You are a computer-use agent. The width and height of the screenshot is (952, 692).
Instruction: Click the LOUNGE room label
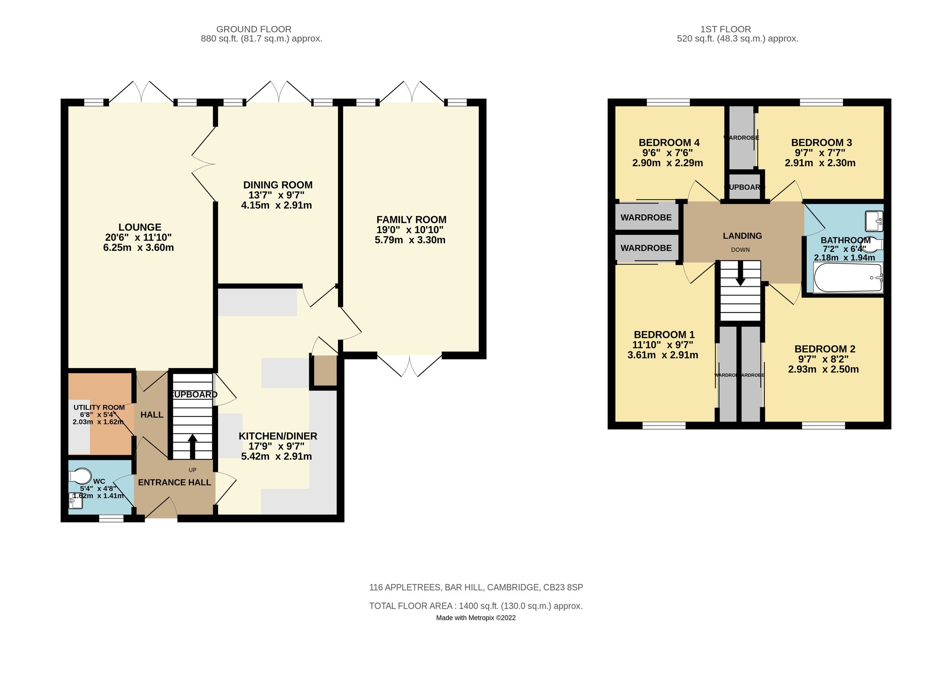click(x=140, y=227)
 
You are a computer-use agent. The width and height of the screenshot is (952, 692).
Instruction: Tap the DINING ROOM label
click(x=278, y=185)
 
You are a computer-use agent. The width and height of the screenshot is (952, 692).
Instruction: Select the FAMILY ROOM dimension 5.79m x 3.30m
click(x=410, y=240)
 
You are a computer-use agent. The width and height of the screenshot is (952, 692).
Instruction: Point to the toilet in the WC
click(x=81, y=477)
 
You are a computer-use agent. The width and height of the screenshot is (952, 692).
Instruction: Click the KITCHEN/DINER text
click(x=278, y=436)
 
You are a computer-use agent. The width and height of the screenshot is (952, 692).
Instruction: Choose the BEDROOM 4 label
click(x=669, y=143)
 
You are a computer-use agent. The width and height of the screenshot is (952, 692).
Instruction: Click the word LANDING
click(x=742, y=236)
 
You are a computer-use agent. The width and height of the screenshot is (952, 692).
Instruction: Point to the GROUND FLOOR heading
click(x=253, y=29)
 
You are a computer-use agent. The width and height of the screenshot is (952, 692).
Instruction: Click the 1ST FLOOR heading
click(x=726, y=29)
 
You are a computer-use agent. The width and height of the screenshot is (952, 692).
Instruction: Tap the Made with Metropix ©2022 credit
click(x=476, y=618)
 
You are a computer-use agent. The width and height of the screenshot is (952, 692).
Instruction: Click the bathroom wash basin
click(x=874, y=221)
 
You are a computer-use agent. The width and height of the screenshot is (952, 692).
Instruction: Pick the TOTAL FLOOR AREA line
click(x=476, y=606)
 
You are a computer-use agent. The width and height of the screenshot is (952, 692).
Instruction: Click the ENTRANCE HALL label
click(x=174, y=483)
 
